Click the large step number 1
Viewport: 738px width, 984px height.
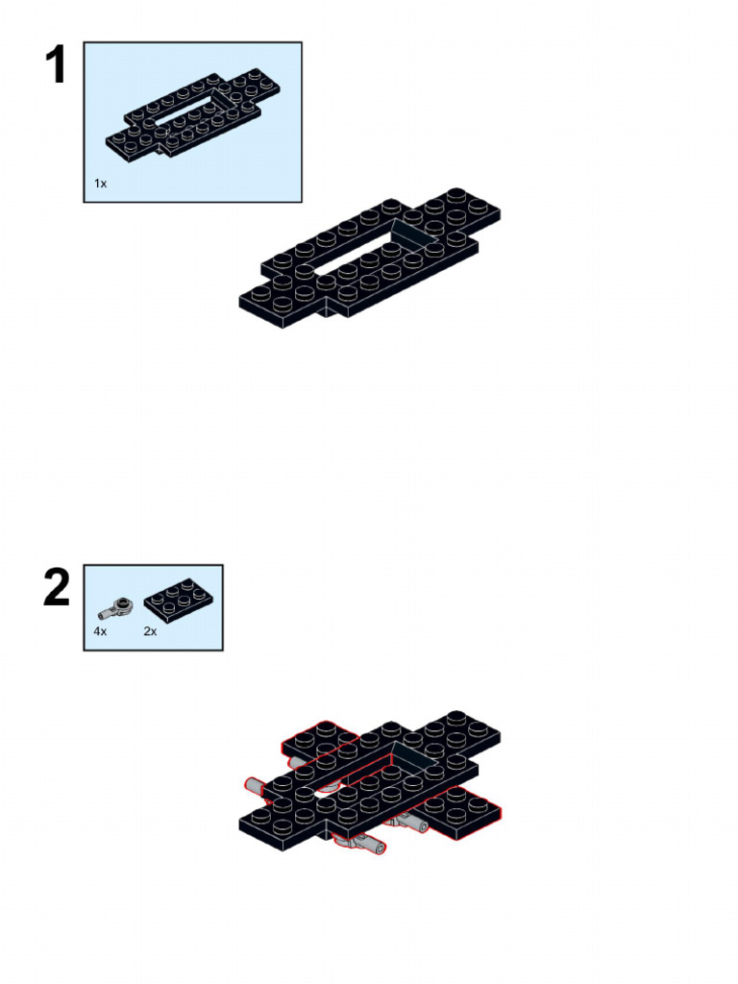coord(56,64)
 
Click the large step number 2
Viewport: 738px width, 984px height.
coord(57,587)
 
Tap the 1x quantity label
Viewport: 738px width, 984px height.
coord(100,184)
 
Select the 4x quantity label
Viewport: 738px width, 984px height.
coord(100,631)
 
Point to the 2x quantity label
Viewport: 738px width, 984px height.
coord(150,631)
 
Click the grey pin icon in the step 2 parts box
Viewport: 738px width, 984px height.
coord(116,607)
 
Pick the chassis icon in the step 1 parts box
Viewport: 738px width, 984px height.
coord(192,115)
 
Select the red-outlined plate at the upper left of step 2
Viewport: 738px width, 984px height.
coord(320,741)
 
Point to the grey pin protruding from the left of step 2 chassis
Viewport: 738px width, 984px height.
coord(256,786)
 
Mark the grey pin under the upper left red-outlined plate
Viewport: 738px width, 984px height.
coord(298,762)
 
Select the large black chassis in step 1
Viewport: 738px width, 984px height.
coord(370,258)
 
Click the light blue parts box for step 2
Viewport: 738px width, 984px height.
coord(153,607)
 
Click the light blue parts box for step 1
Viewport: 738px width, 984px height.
coord(192,122)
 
